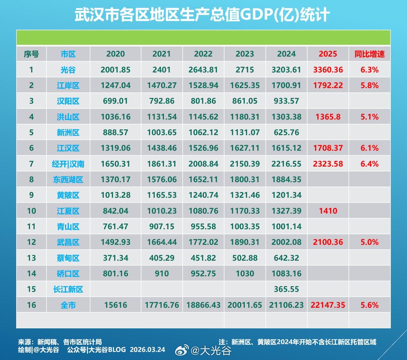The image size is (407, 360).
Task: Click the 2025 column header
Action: click(328, 54)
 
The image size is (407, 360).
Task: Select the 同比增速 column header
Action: click(369, 54)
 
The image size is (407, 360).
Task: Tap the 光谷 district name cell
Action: click(68, 70)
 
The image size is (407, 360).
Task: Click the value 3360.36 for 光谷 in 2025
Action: click(328, 70)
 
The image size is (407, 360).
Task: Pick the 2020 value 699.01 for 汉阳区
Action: click(115, 101)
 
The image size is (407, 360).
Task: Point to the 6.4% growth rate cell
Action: click(369, 164)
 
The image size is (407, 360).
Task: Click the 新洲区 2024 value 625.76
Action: click(286, 132)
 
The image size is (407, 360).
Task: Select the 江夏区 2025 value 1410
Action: click(328, 211)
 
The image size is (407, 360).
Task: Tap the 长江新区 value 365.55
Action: click(286, 289)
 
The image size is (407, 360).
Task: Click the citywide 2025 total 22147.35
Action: click(328, 305)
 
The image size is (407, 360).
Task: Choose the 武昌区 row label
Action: click(68, 242)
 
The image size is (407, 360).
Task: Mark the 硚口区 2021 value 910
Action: click(162, 273)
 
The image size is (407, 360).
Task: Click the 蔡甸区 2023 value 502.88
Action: click(245, 258)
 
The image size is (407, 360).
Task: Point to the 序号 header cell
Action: click(31, 54)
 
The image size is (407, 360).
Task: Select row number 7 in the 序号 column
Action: click(31, 164)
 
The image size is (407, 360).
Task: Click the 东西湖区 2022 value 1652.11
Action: click(203, 179)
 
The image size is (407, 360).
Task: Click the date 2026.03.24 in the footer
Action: click(148, 350)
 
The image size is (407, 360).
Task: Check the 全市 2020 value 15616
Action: click(115, 305)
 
